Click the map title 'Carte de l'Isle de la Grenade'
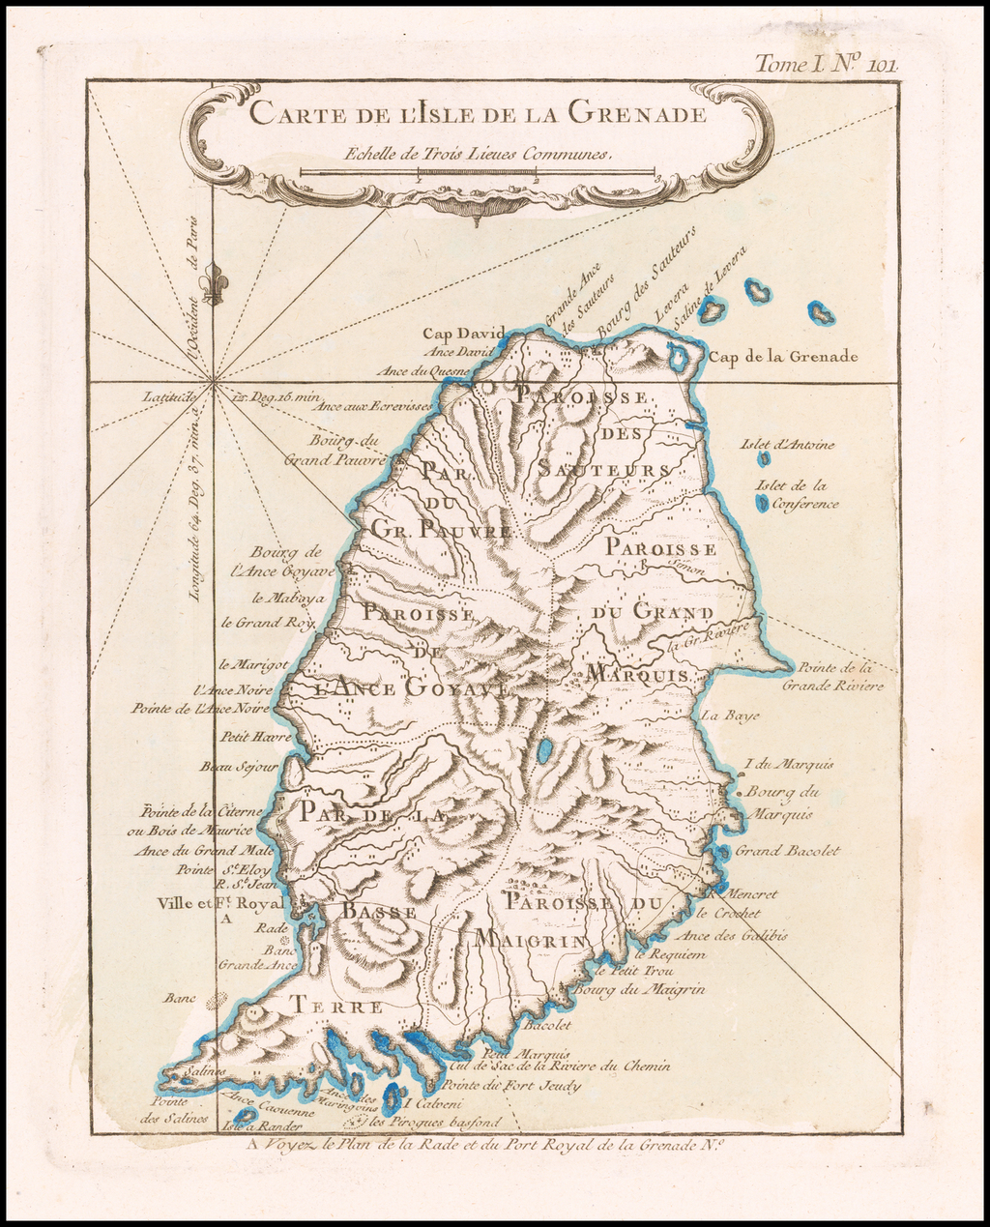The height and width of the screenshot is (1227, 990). click(478, 113)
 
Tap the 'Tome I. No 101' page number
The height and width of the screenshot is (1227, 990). click(827, 65)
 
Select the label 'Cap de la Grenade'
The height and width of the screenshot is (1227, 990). click(783, 357)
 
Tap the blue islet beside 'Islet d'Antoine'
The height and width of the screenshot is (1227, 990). click(764, 460)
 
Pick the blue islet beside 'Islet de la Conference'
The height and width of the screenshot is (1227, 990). click(763, 503)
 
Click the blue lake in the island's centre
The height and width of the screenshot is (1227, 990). click(545, 750)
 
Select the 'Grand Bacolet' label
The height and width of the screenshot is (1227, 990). click(787, 852)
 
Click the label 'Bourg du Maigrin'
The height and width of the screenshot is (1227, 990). click(639, 990)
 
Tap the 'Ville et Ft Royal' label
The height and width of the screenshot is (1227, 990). click(219, 903)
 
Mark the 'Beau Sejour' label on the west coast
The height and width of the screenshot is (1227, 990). click(239, 767)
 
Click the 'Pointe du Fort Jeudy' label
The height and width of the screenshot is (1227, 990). click(516, 1086)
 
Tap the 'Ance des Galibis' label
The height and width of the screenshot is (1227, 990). click(732, 935)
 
